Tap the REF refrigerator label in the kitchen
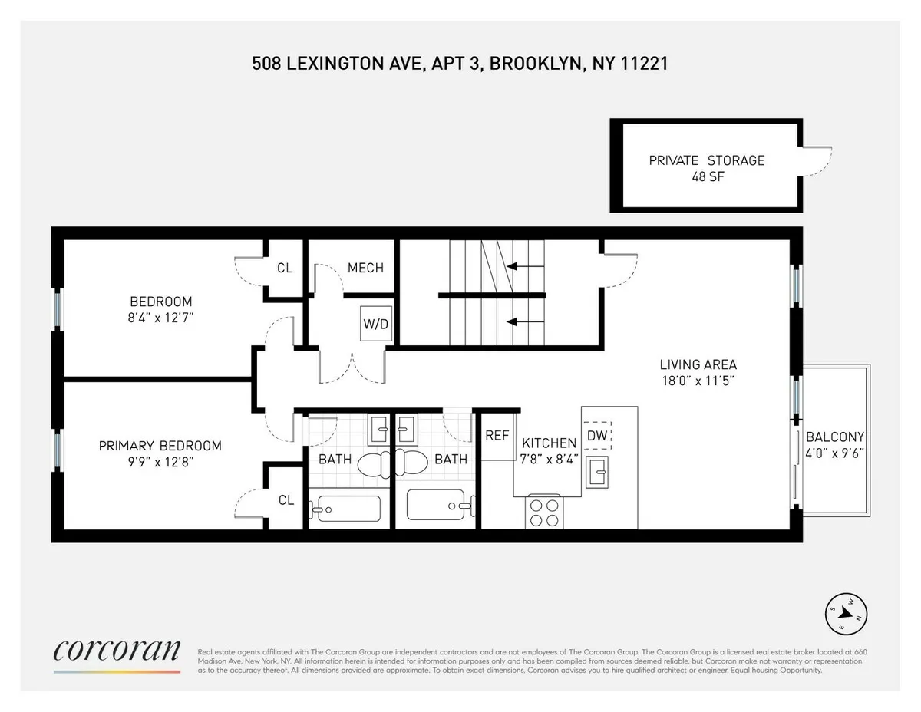(x=497, y=435)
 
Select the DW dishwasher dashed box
(x=596, y=435)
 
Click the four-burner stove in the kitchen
(x=545, y=512)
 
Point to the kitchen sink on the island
(x=596, y=470)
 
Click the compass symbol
(x=845, y=612)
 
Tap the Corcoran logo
(x=117, y=651)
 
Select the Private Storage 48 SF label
(x=706, y=168)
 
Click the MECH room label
(x=365, y=268)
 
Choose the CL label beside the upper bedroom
(x=285, y=268)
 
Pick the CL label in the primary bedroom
(x=286, y=500)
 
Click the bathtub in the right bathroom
(x=435, y=506)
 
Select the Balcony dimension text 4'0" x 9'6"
(x=835, y=453)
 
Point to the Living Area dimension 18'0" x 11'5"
(x=698, y=380)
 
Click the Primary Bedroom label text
(x=160, y=446)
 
